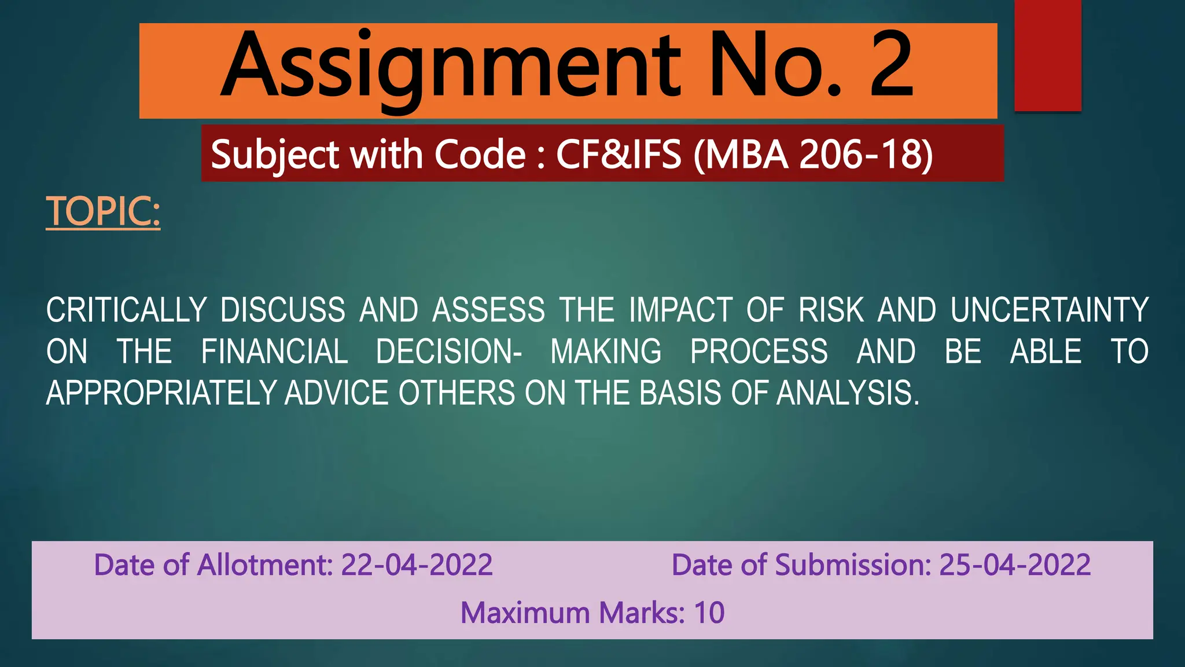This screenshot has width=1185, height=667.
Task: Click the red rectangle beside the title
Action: pyautogui.click(x=1048, y=56)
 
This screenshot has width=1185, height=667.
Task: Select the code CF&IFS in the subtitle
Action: pyautogui.click(x=619, y=155)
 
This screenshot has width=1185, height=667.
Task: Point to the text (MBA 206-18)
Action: pyautogui.click(x=813, y=155)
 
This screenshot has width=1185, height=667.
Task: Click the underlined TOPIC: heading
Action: pyautogui.click(x=103, y=211)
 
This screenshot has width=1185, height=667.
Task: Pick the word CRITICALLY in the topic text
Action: pyautogui.click(x=126, y=310)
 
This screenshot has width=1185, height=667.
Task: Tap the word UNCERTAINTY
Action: pyautogui.click(x=1050, y=310)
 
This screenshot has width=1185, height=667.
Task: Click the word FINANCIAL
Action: pyautogui.click(x=274, y=351)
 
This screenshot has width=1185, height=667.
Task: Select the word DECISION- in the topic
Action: pyautogui.click(x=449, y=351)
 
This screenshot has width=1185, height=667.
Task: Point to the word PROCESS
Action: pyautogui.click(x=759, y=351)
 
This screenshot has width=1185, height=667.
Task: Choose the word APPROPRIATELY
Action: pyautogui.click(x=161, y=393)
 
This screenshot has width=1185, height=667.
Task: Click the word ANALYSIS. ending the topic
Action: pyautogui.click(x=848, y=393)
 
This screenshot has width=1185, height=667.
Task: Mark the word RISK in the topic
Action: pyautogui.click(x=831, y=310)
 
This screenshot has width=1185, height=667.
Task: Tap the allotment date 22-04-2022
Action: pyautogui.click(x=417, y=565)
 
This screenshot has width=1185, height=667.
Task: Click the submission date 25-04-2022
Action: pyautogui.click(x=1015, y=565)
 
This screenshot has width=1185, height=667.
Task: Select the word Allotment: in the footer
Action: pyautogui.click(x=265, y=565)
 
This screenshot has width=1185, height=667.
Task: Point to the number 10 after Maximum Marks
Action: pyautogui.click(x=709, y=613)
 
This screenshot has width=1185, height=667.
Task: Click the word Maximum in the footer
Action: pyautogui.click(x=525, y=613)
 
